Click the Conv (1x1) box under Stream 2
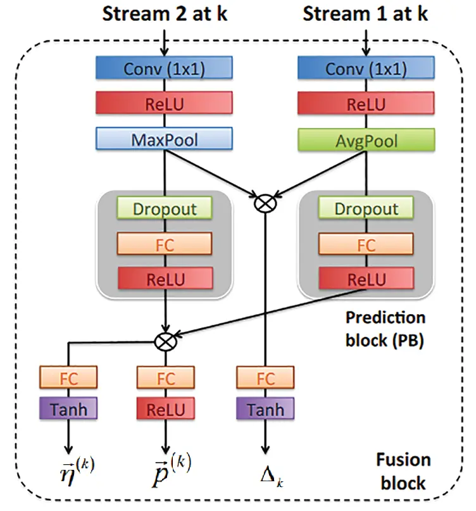pos(165,68)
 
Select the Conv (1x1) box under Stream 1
pos(366,68)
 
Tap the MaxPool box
pos(165,139)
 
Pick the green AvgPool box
pos(366,139)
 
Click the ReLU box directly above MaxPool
pos(165,103)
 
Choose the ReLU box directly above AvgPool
pos(366,103)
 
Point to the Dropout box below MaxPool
pos(165,208)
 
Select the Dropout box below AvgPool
pos(366,208)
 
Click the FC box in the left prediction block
pos(165,243)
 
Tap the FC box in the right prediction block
pos(366,243)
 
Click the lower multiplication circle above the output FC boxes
pos(165,342)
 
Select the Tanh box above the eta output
pos(68,410)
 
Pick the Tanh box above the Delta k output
pos(265,410)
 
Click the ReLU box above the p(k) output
pos(165,410)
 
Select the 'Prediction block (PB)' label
pos(385,329)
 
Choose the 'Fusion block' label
pos(403,470)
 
